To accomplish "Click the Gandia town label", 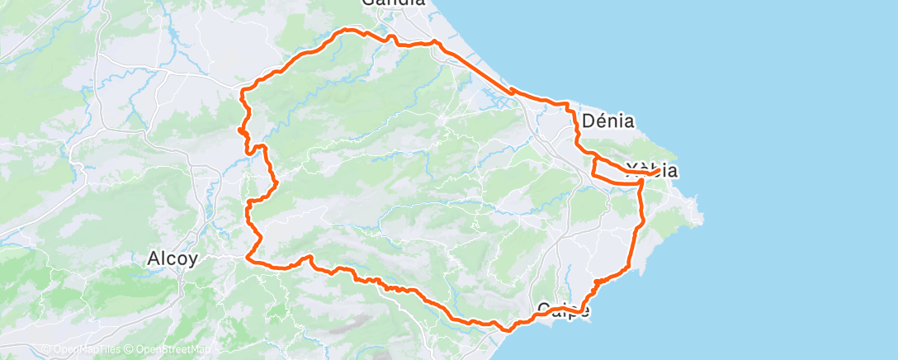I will click(395, 2).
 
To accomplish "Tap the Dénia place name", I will click(607, 121).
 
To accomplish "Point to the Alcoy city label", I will click(172, 258).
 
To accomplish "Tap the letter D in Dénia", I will click(588, 121).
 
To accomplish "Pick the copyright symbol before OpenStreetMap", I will click(131, 350).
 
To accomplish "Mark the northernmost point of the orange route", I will click(351, 31).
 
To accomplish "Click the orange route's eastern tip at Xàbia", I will click(658, 171).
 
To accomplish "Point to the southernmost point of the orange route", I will click(505, 329).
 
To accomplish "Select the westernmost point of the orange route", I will click(239, 129).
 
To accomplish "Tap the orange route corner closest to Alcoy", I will click(248, 258).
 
